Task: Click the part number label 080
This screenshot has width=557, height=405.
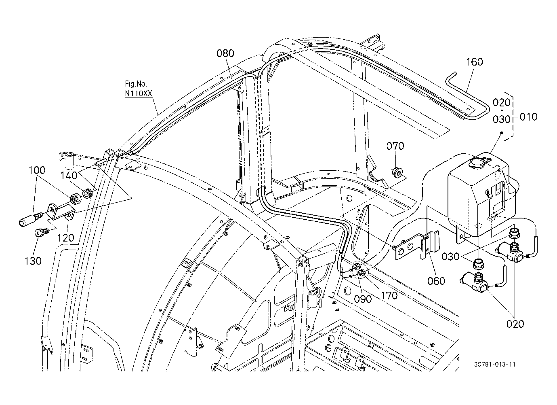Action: point(225,53)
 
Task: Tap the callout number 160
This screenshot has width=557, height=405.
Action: point(474,62)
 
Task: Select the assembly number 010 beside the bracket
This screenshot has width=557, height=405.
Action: point(528,117)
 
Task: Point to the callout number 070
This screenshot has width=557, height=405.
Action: point(395,146)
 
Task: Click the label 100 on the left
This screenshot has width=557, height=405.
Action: point(37,170)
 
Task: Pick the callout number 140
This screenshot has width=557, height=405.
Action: point(69,176)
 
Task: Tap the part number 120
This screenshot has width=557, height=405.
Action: point(66,238)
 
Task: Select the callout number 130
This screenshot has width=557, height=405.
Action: point(33,261)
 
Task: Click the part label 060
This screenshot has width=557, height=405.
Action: point(436,281)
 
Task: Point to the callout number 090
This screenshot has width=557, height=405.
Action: point(363,299)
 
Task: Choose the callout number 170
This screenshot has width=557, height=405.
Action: point(389,296)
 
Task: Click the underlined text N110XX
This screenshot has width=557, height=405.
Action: point(139,93)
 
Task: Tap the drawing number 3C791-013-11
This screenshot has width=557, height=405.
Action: point(494,365)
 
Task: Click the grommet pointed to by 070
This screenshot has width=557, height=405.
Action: point(397,172)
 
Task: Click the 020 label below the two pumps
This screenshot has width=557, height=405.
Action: point(515,324)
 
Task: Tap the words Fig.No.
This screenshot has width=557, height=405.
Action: point(136,84)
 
